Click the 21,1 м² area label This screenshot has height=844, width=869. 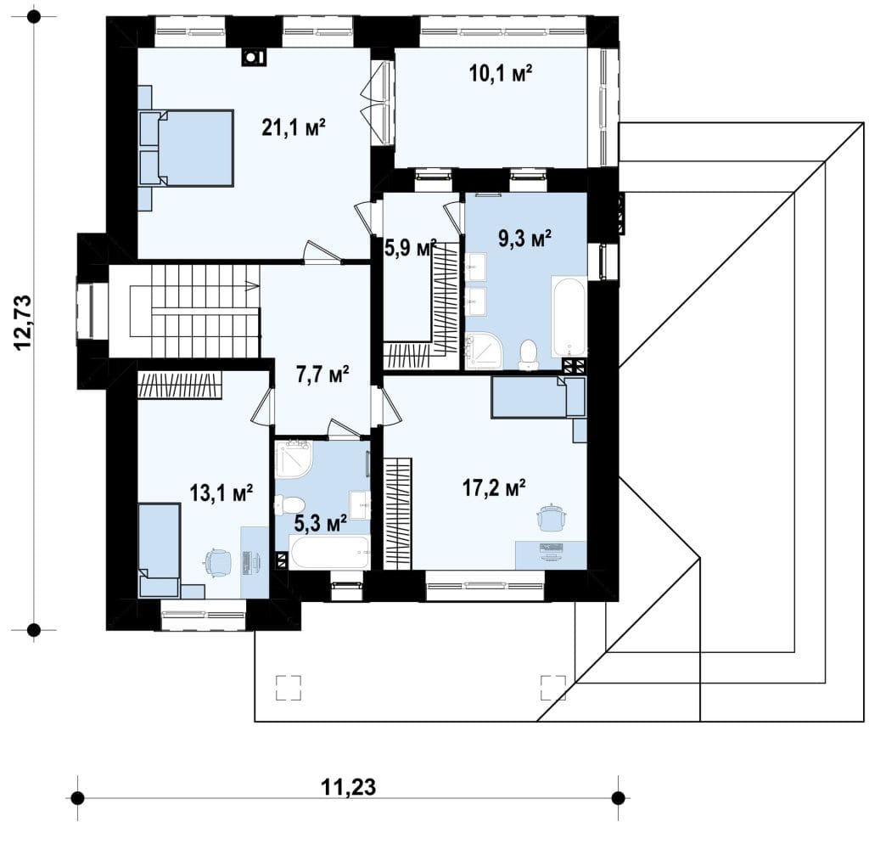point(293,128)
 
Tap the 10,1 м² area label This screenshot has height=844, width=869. point(501,73)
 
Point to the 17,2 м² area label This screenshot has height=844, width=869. point(494,488)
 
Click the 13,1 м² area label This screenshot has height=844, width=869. point(221,492)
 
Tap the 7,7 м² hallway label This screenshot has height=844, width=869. point(322,374)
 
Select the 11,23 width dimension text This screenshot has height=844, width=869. point(348,786)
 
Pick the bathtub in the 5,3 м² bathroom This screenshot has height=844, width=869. point(329,552)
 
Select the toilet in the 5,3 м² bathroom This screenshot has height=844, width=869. point(290,505)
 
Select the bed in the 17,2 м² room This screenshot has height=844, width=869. point(538,397)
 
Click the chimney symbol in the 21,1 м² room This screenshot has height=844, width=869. point(253,57)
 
